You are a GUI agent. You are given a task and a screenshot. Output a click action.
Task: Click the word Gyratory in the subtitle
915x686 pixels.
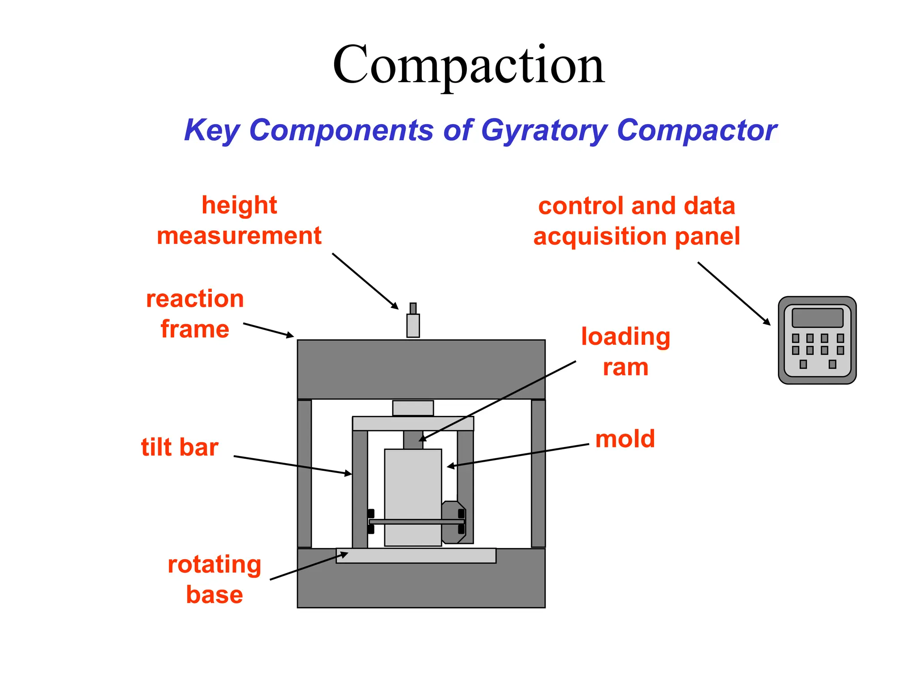(x=543, y=130)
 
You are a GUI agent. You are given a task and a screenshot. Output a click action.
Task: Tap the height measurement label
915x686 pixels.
(x=239, y=220)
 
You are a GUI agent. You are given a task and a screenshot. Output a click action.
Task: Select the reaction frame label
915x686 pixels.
(x=195, y=314)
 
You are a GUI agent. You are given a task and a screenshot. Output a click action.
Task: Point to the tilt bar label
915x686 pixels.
(x=180, y=447)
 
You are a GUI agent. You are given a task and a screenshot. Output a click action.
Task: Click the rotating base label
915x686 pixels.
(x=214, y=579)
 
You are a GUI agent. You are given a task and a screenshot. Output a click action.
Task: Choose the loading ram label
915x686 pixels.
(x=625, y=351)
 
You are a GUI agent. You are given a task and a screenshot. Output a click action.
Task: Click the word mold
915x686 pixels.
(x=625, y=439)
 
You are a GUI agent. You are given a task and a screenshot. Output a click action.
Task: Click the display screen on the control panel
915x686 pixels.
(x=817, y=318)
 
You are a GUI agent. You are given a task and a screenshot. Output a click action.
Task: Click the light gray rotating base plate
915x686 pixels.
(x=416, y=556)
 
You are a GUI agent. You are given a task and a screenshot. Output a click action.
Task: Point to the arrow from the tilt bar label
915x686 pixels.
(x=293, y=465)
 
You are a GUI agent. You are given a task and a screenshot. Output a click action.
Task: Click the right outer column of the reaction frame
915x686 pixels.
(x=538, y=473)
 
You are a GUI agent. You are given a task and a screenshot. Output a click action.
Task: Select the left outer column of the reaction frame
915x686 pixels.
(x=304, y=473)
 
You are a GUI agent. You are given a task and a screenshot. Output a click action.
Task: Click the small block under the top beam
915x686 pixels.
(x=413, y=408)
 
